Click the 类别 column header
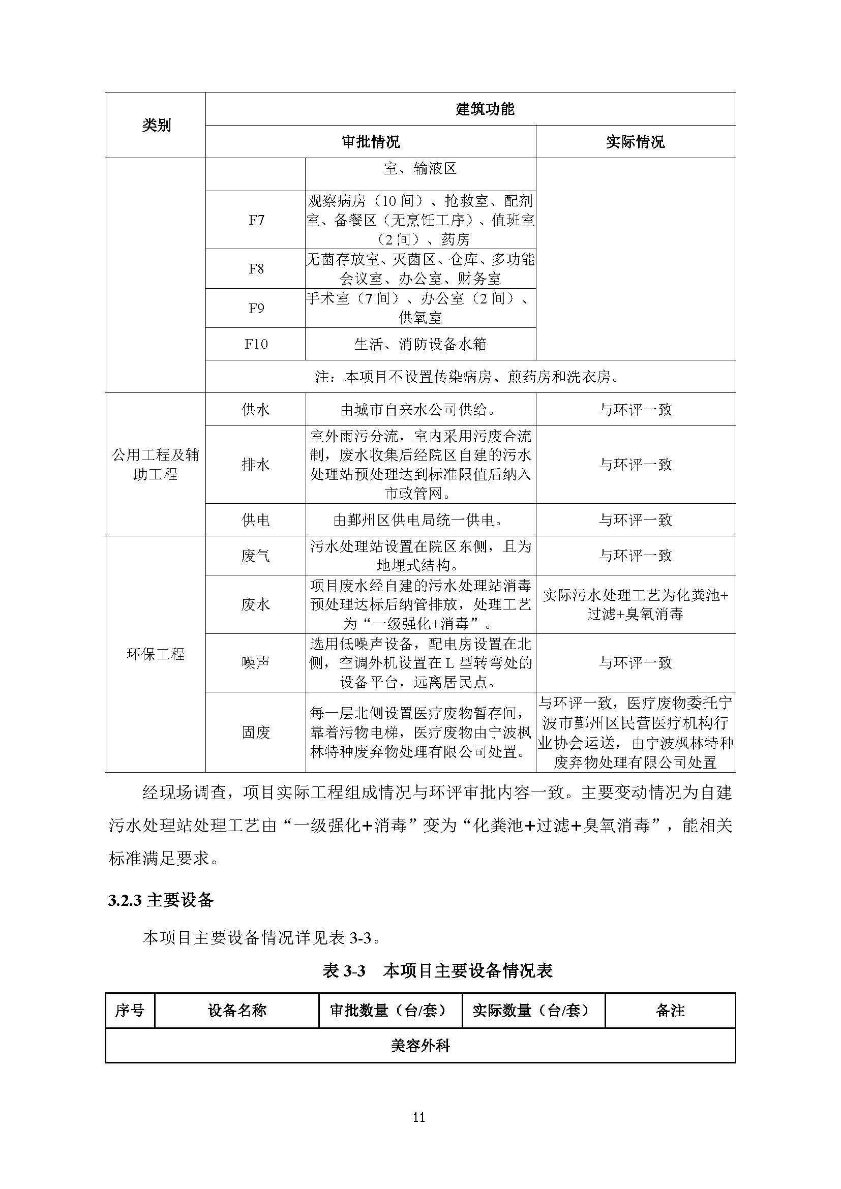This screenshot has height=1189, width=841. tap(156, 126)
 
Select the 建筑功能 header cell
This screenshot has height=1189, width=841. tap(485, 109)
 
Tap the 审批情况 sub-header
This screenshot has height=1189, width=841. tap(370, 142)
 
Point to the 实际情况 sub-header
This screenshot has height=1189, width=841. tap(635, 142)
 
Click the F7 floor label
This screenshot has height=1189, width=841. tap(256, 220)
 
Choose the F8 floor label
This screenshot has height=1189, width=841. tap(256, 269)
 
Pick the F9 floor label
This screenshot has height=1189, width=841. tap(256, 308)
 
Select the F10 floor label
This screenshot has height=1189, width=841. tap(256, 344)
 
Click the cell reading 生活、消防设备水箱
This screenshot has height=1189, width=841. tap(420, 344)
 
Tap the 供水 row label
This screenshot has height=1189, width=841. tap(256, 410)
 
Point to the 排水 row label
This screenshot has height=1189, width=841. tap(256, 465)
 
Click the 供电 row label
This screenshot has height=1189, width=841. tap(256, 520)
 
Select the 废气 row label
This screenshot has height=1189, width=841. tap(256, 556)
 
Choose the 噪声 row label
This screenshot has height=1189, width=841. tap(256, 662)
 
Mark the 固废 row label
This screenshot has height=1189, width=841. tap(256, 732)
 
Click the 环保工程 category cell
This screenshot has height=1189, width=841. tap(156, 654)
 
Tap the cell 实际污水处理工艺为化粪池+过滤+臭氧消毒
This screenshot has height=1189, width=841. tap(635, 604)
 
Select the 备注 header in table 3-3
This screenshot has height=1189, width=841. tap(670, 1011)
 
